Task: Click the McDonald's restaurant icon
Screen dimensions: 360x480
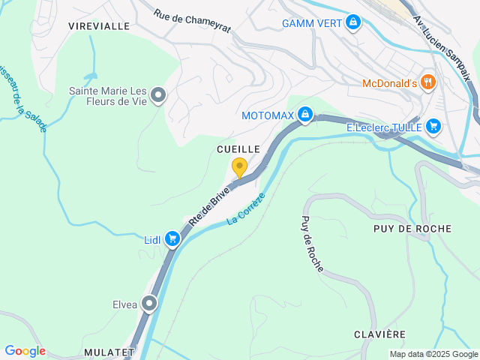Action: point(428,82)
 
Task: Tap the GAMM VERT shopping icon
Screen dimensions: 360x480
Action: point(353,23)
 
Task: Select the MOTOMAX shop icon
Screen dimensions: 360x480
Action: point(304,115)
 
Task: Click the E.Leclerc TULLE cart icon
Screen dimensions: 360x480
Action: point(433,127)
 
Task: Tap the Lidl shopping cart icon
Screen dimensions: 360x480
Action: point(172,239)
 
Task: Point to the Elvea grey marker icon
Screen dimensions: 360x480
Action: point(150,304)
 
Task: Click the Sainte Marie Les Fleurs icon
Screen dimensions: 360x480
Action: point(158,95)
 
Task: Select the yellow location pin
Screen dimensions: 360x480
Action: point(239,167)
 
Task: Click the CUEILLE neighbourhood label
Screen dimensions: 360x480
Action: point(238,149)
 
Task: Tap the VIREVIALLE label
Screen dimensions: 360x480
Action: point(99,25)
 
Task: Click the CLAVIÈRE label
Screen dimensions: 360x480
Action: point(380,334)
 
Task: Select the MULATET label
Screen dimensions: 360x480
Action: point(109,352)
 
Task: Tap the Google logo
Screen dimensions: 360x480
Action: point(25,351)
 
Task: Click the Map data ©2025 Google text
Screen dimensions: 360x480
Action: point(433,354)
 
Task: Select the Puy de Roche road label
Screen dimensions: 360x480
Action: point(311,244)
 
